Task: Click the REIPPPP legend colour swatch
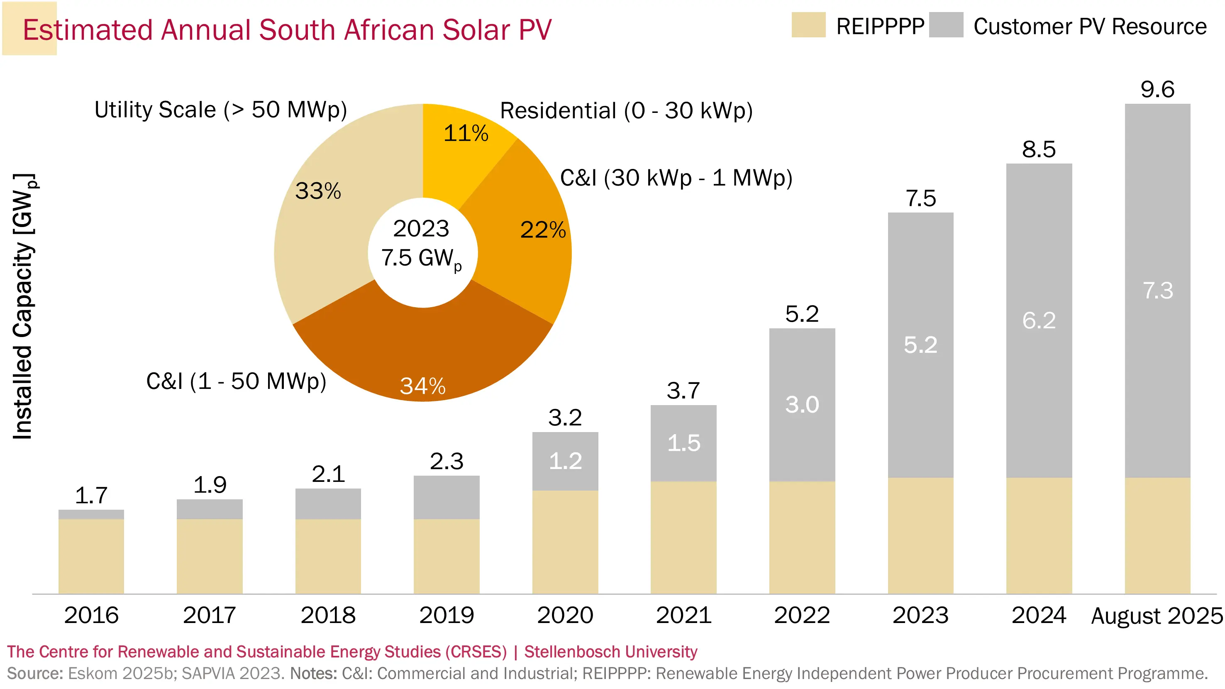click(x=808, y=25)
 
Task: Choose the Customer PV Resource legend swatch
click(x=946, y=25)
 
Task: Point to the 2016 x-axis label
click(x=91, y=615)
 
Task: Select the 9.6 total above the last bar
click(x=1157, y=89)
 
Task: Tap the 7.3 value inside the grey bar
click(x=1157, y=291)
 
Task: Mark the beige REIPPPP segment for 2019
click(x=447, y=556)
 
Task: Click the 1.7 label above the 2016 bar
click(x=91, y=496)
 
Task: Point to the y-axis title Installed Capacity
click(x=23, y=307)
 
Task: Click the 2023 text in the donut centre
click(x=421, y=229)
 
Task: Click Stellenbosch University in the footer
click(x=610, y=651)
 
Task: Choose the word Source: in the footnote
click(x=35, y=674)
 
